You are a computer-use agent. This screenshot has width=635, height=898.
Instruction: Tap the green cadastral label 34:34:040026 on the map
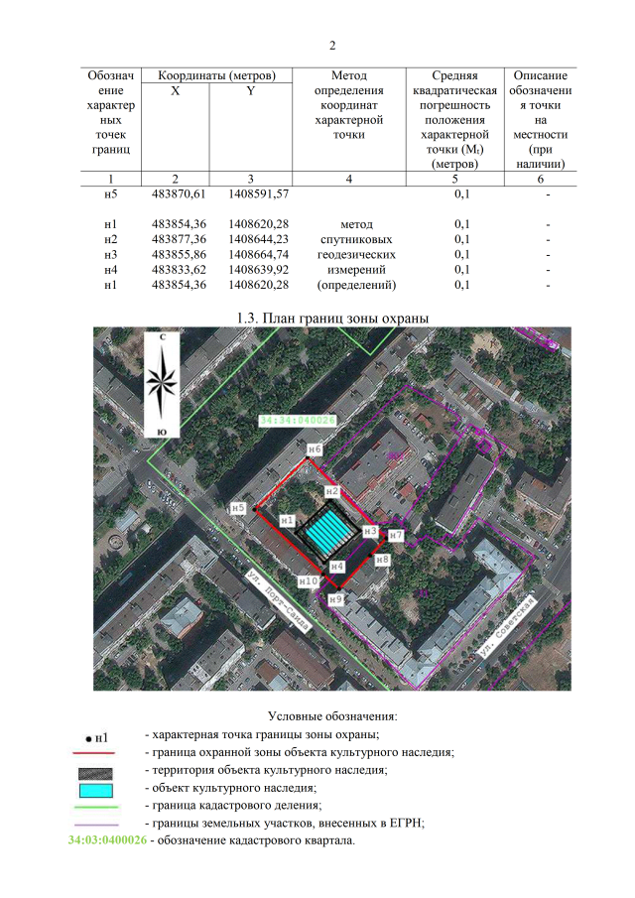298,421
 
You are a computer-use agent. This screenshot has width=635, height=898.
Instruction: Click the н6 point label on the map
315,449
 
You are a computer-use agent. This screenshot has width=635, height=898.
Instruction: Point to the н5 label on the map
237,508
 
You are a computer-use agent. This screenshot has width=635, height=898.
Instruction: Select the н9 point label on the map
335,599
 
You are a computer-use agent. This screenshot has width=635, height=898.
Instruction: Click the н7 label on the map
395,535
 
